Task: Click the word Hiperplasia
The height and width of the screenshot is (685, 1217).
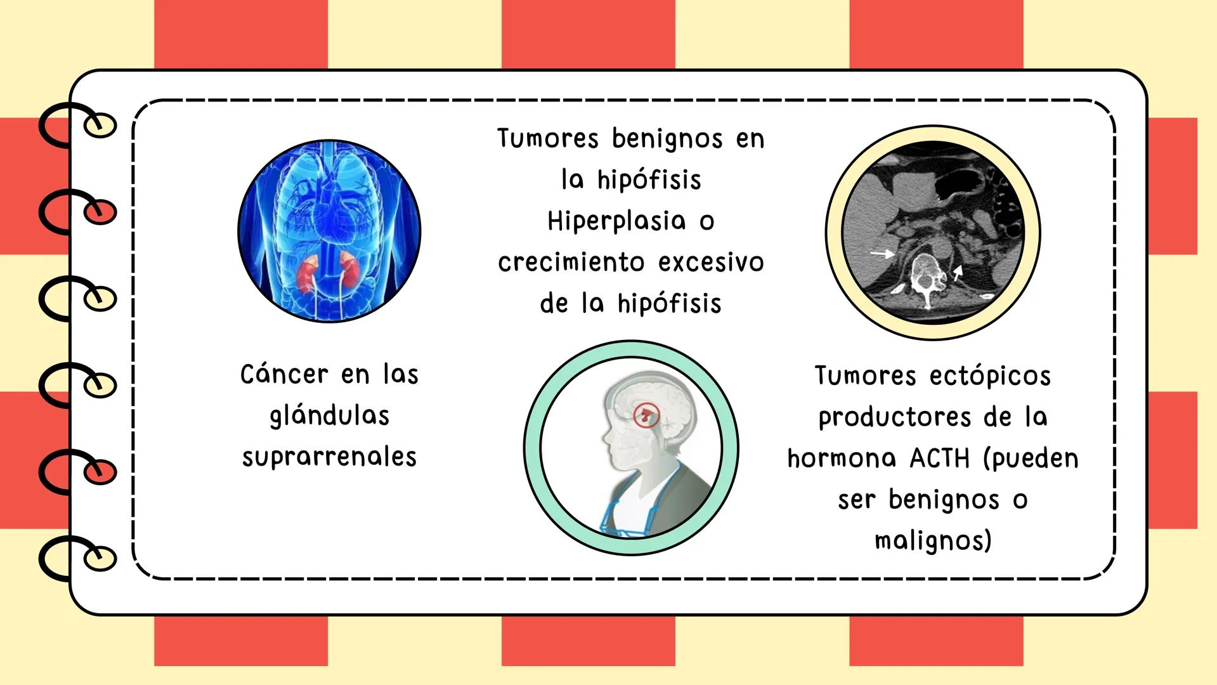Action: click(x=616, y=221)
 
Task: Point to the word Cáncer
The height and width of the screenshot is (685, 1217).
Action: click(x=284, y=374)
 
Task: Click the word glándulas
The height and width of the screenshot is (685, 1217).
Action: click(x=329, y=416)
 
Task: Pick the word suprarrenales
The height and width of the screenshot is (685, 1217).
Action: click(x=329, y=457)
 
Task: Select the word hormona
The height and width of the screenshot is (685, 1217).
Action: click(x=842, y=458)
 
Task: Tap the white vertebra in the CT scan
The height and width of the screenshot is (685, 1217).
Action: click(x=926, y=279)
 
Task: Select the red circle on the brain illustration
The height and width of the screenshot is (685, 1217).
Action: click(x=647, y=416)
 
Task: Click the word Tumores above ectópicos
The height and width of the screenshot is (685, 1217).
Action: click(x=865, y=375)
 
